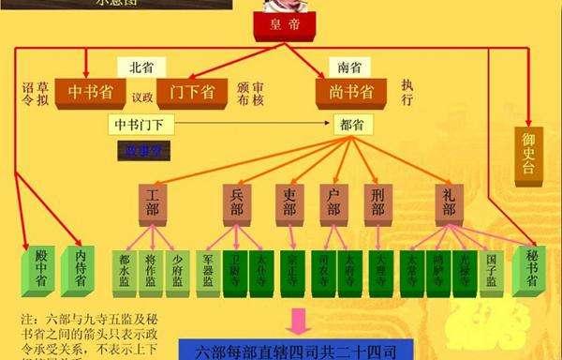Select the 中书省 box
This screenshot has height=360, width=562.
[x=92, y=92]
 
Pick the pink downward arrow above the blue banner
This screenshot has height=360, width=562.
[x=298, y=322]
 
